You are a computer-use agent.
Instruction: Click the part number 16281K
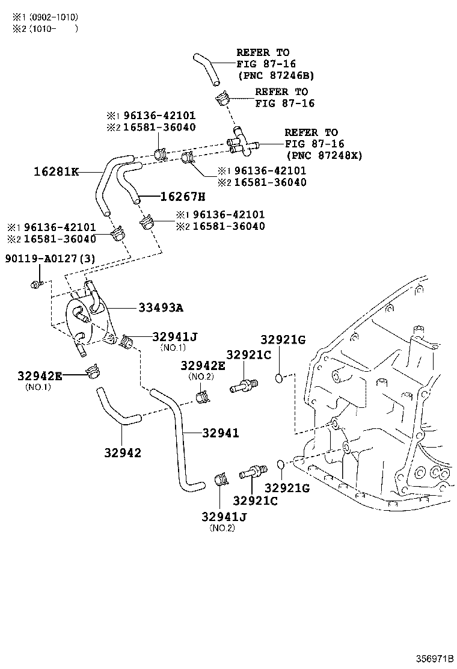click(56, 171)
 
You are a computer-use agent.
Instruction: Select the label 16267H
click(182, 196)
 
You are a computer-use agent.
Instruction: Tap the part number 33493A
click(161, 308)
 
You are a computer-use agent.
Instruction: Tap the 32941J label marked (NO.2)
click(224, 516)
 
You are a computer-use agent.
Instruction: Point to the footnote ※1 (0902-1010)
click(46, 17)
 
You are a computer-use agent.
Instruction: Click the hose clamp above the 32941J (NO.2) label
click(221, 480)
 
